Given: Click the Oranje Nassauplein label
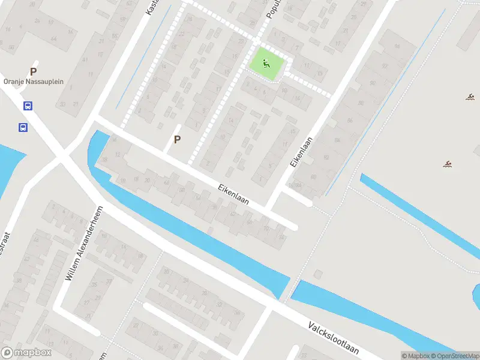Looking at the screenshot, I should tap(34, 81).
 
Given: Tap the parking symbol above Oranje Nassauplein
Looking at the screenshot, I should tap(34, 71).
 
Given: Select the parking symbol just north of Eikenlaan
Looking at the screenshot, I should tap(177, 139).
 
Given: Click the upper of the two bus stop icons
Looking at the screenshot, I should tap(28, 106).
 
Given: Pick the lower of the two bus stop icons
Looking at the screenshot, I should tap(23, 127).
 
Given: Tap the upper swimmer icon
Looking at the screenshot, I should tap(471, 97).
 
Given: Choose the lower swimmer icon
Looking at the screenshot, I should tap(447, 164).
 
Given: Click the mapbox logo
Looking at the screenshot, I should tap(26, 353).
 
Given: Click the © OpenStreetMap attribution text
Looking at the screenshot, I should tap(459, 356).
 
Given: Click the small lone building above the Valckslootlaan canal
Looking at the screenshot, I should tap(317, 274).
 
